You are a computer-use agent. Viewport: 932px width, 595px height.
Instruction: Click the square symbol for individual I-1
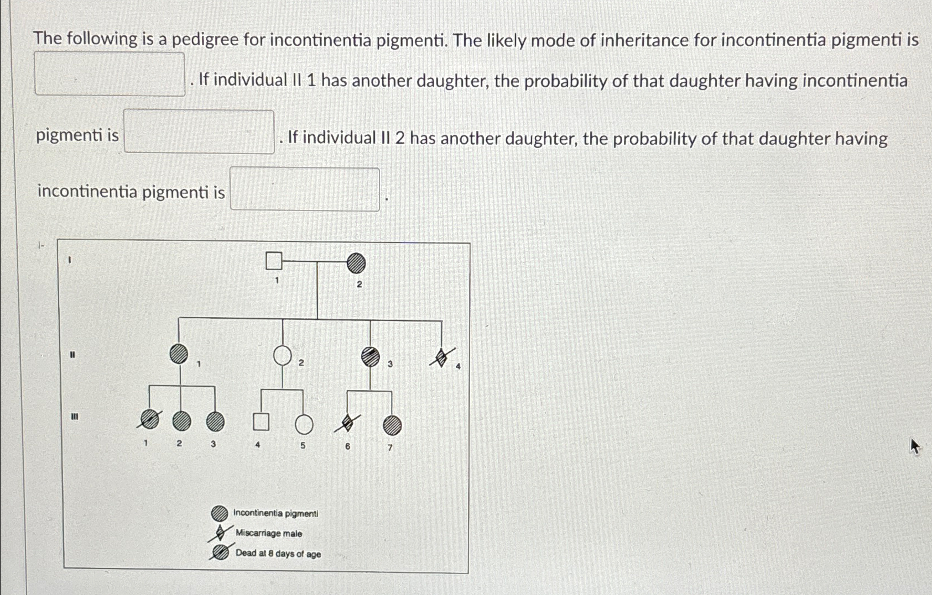coord(274,260)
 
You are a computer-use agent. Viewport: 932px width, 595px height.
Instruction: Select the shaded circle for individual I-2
coord(356,263)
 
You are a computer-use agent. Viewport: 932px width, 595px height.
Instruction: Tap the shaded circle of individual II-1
coord(179,354)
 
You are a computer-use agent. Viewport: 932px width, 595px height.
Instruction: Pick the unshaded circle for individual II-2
coord(283,356)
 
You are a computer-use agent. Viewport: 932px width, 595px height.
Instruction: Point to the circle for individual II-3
coord(371,357)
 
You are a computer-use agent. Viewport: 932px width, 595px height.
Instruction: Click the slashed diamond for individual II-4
coord(442,358)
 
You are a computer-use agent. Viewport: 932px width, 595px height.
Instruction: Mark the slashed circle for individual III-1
coord(149,420)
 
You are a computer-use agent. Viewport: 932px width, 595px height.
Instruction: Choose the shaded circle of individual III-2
coord(181,422)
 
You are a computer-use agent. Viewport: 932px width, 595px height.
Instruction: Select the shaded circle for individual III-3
coord(215,422)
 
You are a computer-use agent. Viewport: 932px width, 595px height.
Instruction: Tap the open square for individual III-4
coord(261,422)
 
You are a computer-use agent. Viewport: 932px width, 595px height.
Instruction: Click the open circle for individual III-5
coord(304,424)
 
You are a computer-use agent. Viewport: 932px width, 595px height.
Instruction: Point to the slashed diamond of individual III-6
coord(347,423)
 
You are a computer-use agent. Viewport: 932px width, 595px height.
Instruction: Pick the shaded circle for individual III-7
coord(392,425)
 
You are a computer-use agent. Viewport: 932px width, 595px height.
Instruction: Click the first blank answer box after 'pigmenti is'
coord(110,74)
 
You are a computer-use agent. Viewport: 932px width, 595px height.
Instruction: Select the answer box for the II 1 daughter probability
coord(199,131)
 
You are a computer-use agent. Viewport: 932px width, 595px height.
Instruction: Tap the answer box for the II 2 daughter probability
coord(305,189)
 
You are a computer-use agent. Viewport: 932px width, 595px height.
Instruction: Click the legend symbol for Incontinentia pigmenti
coord(220,513)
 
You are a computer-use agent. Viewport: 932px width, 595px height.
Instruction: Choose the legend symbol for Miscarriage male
coord(220,533)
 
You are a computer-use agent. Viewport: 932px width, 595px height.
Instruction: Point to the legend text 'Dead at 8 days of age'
coord(278,554)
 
